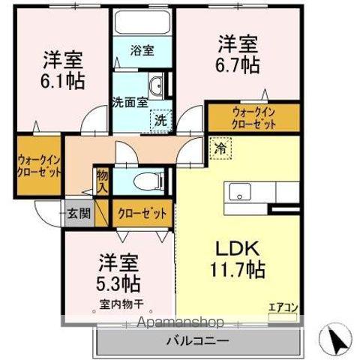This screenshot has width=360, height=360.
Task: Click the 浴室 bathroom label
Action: pos(143,51)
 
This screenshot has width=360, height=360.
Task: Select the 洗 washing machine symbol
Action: pos(161,118)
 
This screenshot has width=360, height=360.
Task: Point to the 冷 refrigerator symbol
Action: pos(221,148)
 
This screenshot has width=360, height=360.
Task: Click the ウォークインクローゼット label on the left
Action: pos(39,164)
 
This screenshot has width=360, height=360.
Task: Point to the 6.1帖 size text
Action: pos(62,79)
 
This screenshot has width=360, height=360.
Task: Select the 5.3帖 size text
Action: pos(118,284)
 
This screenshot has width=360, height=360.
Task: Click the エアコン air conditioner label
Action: pos(283,306)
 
